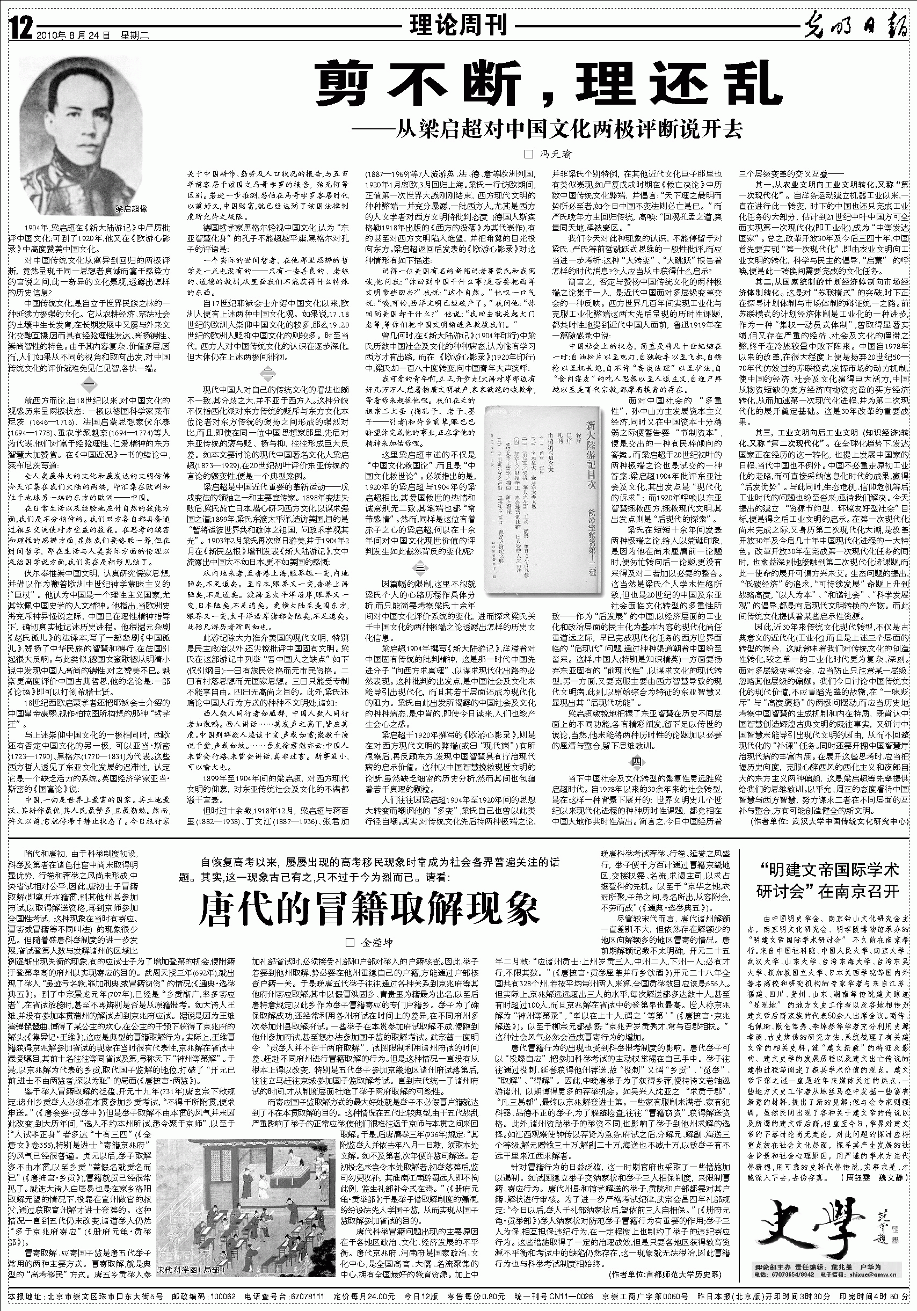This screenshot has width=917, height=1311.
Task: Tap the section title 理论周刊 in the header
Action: (458, 26)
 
